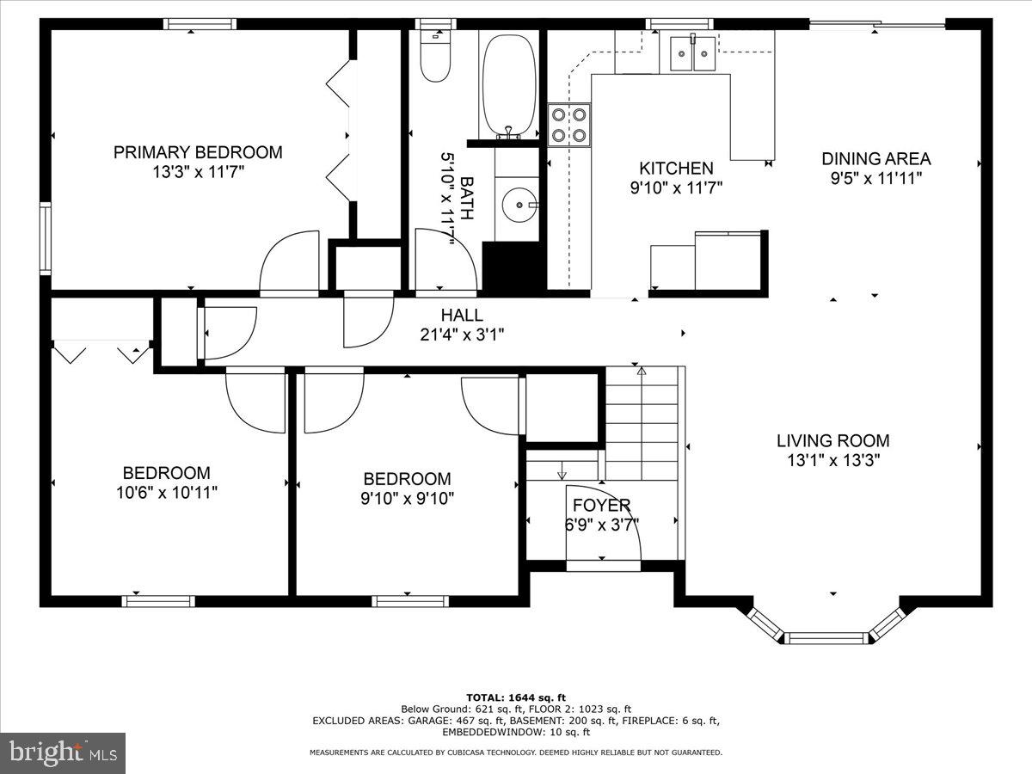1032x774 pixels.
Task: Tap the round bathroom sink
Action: pyautogui.click(x=519, y=205)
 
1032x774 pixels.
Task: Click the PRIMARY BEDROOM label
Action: pyautogui.click(x=198, y=152)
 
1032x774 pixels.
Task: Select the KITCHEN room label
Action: pyautogui.click(x=675, y=169)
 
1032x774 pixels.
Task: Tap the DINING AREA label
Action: pyautogui.click(x=875, y=158)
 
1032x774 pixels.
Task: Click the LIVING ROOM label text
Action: pyautogui.click(x=832, y=440)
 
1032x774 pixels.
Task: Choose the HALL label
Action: pyautogui.click(x=462, y=316)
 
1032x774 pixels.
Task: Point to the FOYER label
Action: pyautogui.click(x=602, y=505)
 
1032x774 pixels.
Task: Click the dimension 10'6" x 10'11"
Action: pyautogui.click(x=166, y=493)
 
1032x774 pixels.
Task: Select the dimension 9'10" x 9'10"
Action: pyautogui.click(x=407, y=498)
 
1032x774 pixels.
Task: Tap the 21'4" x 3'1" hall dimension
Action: pyautogui.click(x=462, y=335)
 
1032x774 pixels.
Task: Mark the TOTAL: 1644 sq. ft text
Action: pyautogui.click(x=515, y=697)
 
